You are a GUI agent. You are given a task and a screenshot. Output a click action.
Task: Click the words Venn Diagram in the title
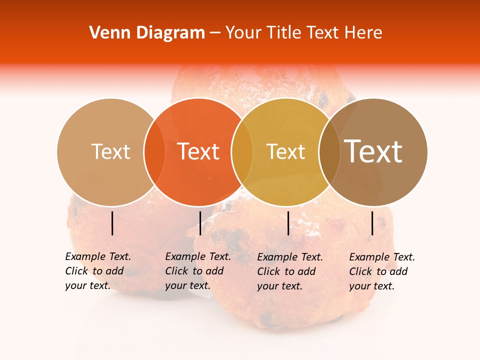147,33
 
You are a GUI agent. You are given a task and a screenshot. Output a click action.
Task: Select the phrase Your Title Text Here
303,33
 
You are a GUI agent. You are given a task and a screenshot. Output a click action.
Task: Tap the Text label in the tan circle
111,151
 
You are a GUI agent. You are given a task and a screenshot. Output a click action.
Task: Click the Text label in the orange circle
198,151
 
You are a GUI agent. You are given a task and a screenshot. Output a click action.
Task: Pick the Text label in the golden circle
285,151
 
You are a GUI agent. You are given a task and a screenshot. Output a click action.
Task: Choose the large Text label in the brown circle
373,151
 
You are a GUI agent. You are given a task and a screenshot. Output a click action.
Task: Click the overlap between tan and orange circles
154,151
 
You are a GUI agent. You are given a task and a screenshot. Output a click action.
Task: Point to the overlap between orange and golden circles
242,151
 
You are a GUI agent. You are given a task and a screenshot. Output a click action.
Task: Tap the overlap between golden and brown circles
329,151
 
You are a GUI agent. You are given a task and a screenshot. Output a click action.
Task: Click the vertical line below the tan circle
112,223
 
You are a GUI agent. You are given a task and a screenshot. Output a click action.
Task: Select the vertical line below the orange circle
200,223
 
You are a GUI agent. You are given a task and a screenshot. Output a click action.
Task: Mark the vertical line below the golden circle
288,223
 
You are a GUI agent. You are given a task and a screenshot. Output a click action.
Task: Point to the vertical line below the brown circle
372,223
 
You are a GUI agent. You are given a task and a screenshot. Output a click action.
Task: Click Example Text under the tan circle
98,256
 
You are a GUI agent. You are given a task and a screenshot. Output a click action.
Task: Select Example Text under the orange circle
198,256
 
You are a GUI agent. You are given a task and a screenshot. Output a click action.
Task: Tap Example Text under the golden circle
290,257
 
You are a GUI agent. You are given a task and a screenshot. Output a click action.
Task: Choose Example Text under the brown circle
382,257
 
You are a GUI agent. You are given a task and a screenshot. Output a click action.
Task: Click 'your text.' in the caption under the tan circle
87,285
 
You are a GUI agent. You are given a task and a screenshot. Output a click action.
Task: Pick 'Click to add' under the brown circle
378,271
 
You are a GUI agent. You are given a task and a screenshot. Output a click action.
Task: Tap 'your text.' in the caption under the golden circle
279,286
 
